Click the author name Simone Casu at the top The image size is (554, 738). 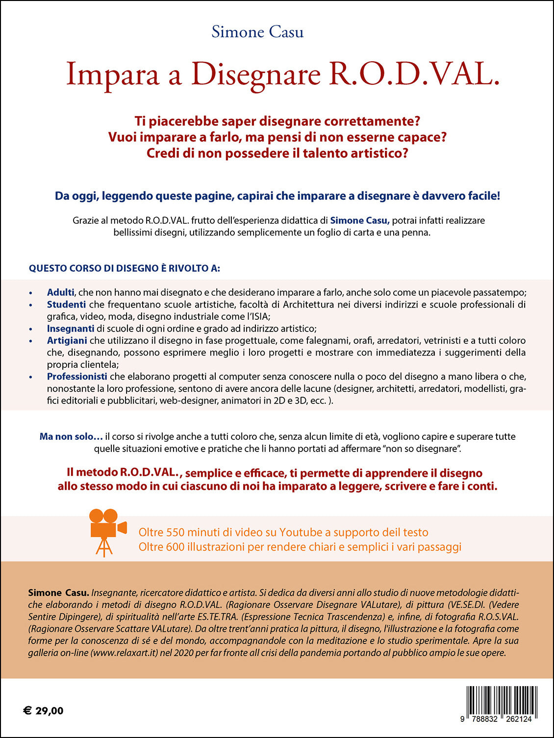pyautogui.click(x=257, y=32)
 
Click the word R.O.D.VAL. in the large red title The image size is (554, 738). pyautogui.click(x=413, y=74)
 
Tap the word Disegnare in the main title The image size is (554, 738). pyautogui.click(x=255, y=74)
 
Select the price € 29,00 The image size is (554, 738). pyautogui.click(x=43, y=711)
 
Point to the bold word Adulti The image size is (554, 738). pyautogui.click(x=60, y=292)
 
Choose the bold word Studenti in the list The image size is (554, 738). pyautogui.click(x=66, y=305)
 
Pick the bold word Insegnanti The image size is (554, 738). pyautogui.click(x=71, y=329)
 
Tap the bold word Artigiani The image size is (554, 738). pyautogui.click(x=67, y=340)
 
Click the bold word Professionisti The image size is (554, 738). pyautogui.click(x=77, y=377)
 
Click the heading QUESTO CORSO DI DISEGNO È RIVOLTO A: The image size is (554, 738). pyautogui.click(x=125, y=268)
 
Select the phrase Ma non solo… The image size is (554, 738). pyautogui.click(x=71, y=436)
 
